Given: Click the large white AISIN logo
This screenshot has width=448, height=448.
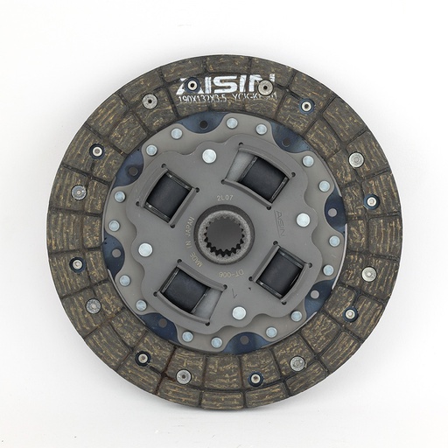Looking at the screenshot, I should [225, 85].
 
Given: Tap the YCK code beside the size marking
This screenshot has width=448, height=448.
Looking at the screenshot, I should [255, 99].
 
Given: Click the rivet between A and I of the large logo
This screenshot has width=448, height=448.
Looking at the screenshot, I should [200, 89].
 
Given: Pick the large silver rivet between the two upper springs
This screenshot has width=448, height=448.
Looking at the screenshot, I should [208, 157].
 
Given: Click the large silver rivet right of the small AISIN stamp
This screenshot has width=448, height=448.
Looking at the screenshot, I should [303, 220].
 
